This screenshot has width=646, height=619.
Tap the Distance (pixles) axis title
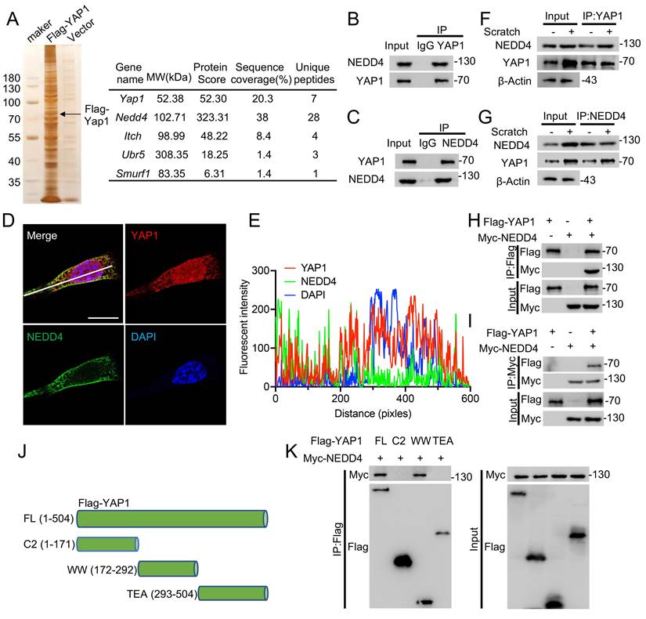(x=373, y=411)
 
